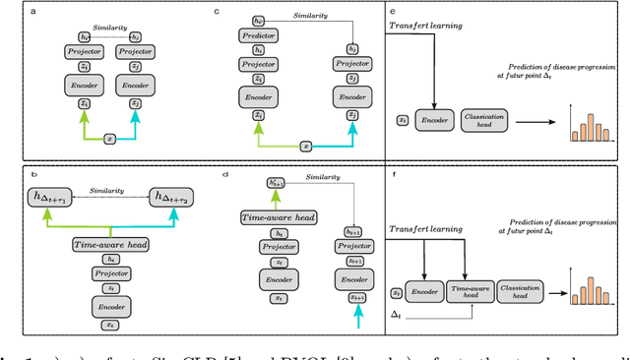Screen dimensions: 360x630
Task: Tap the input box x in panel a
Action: pos(110,140)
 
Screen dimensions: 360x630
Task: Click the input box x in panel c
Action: pos(305,146)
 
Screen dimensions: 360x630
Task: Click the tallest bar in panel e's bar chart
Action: pos(589,123)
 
